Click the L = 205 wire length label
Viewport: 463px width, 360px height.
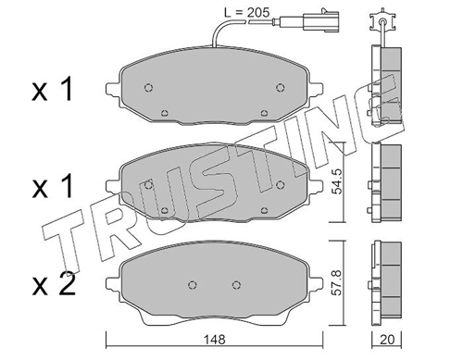tap(246, 12)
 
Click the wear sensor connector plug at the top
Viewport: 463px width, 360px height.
tap(320, 20)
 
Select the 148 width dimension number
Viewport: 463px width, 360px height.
tap(215, 340)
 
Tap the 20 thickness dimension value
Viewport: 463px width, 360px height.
tap(387, 340)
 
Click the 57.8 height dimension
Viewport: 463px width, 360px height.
tap(338, 282)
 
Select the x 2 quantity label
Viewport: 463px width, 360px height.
tap(54, 285)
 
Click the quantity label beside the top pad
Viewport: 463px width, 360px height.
tap(53, 90)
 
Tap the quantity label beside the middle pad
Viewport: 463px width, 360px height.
tap(53, 186)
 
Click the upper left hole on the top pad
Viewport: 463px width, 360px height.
tap(148, 88)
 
